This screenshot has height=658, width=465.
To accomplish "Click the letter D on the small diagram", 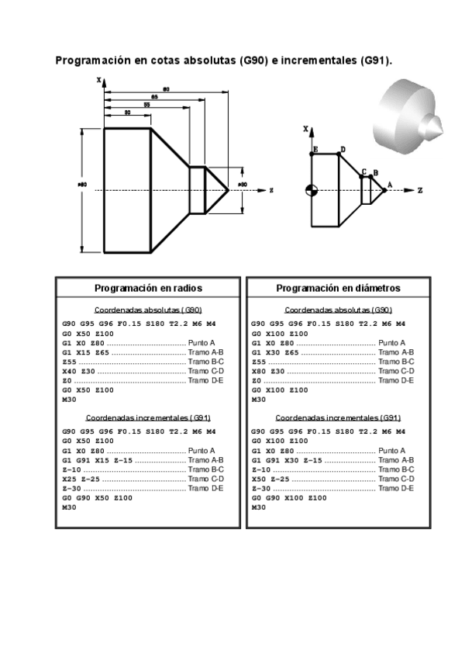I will (x=343, y=148).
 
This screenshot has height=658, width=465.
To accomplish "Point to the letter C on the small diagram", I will (x=364, y=171).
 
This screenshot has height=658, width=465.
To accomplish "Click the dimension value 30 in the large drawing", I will (x=127, y=113).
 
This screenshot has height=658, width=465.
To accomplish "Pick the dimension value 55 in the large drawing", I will (x=146, y=105).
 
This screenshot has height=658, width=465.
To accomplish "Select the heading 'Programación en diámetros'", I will (x=338, y=288).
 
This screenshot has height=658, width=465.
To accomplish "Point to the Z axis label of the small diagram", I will (x=419, y=189).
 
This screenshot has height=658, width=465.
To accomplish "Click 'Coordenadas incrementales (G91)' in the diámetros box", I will (x=337, y=417).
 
